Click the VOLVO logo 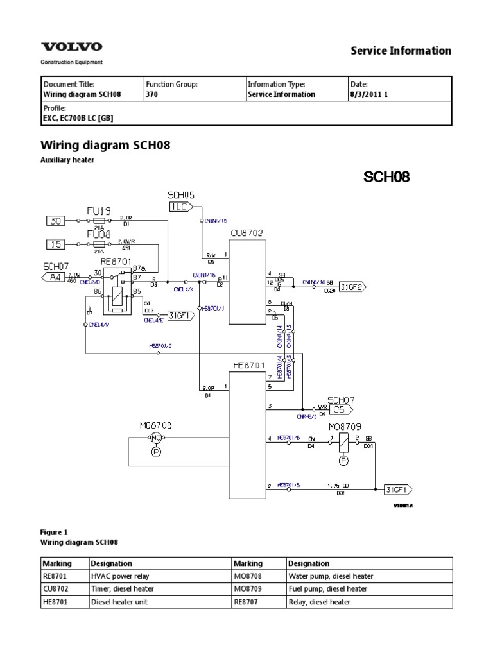click(x=71, y=47)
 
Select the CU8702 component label click(x=246, y=234)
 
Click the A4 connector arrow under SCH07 click(x=55, y=277)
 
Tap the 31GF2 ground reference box click(x=351, y=287)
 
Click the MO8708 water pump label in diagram click(x=156, y=425)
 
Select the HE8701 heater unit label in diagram click(x=249, y=365)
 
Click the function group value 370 click(x=151, y=94)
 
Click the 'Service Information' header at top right click(x=401, y=51)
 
